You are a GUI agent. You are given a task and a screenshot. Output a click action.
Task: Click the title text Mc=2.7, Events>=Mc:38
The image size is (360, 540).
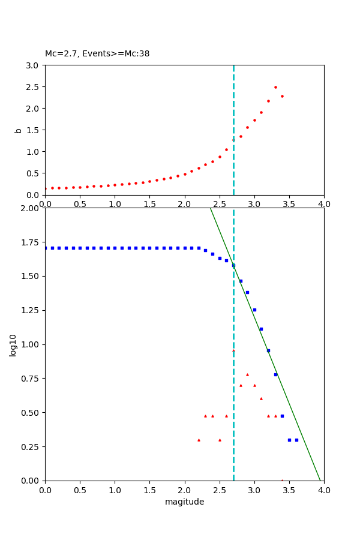97,53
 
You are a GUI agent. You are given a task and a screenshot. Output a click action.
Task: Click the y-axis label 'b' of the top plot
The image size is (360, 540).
18,130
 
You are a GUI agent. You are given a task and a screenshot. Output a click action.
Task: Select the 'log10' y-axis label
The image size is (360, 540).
13,344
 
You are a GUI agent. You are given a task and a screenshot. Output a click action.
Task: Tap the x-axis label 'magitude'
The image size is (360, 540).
184,502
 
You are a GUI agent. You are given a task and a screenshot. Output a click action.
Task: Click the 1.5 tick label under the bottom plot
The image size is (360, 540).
149,490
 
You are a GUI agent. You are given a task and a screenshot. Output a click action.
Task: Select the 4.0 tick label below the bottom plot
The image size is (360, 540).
323,490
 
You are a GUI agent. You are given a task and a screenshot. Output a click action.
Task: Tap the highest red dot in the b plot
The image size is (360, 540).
275,87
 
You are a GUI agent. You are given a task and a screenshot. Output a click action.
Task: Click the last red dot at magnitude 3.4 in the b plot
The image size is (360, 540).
282,96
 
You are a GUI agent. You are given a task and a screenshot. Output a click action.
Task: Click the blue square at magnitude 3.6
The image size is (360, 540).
296,440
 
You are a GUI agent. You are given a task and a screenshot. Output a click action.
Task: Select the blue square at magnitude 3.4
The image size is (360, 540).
282,416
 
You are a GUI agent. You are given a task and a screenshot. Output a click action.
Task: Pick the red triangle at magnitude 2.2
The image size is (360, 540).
199,440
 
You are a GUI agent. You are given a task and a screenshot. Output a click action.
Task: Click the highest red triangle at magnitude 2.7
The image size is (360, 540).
233,350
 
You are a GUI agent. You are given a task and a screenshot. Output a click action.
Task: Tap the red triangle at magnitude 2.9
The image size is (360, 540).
247,374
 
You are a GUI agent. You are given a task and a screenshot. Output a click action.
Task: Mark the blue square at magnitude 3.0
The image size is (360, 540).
254,310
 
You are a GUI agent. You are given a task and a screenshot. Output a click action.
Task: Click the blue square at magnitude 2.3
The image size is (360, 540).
205,250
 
